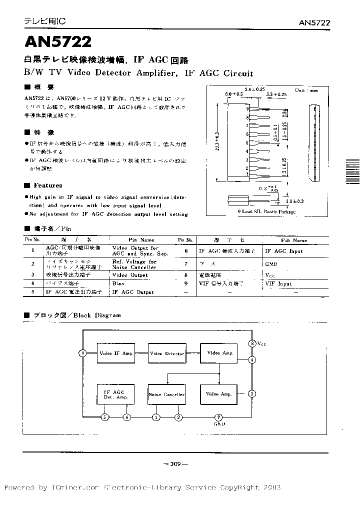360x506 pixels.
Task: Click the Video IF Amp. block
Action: tap(116, 353)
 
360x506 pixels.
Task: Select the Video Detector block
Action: tap(167, 353)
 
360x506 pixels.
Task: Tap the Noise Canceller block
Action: tap(166, 394)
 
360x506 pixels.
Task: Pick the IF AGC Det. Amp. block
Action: tap(115, 394)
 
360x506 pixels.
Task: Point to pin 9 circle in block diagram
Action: tap(82, 353)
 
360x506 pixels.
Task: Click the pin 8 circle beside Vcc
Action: tap(252, 343)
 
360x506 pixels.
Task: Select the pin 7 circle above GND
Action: tap(218, 417)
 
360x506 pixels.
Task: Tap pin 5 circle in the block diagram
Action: tap(104, 417)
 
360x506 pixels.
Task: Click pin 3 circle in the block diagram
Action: tap(252, 393)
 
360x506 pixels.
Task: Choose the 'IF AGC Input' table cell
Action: tap(283, 251)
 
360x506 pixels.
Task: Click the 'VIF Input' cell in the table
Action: tap(278, 283)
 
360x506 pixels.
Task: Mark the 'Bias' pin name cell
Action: tap(118, 283)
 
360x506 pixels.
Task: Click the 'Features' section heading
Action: tap(48, 185)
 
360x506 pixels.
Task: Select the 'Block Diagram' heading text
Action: tap(97, 315)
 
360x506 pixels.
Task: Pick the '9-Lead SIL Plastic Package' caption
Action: tap(266, 212)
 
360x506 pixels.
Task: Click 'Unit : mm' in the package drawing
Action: tap(306, 91)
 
